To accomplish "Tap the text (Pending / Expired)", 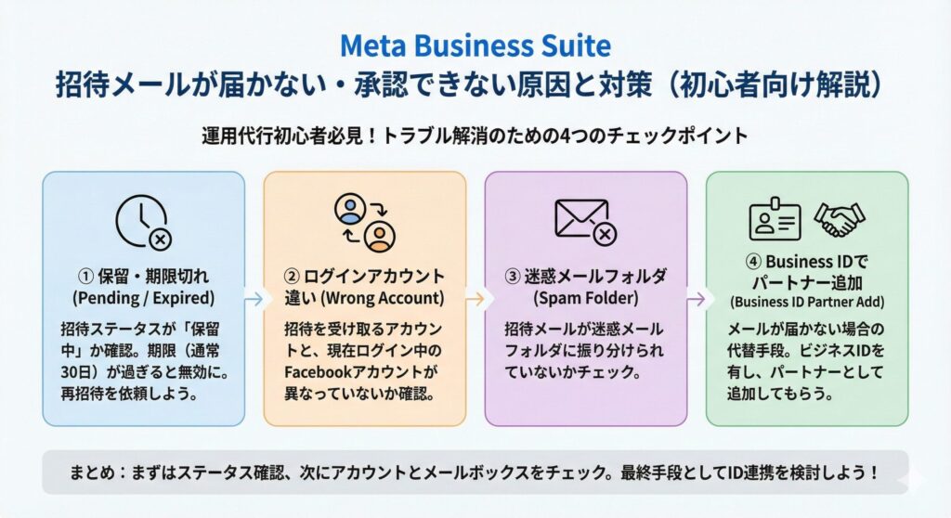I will click(x=143, y=298).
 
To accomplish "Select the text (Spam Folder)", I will click(x=585, y=298).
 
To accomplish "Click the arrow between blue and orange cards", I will click(x=254, y=298).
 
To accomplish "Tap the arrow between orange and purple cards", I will click(x=475, y=298).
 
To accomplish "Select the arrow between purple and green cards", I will click(x=696, y=298).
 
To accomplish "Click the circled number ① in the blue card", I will click(x=86, y=276).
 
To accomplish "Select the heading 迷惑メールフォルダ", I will click(x=594, y=276).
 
